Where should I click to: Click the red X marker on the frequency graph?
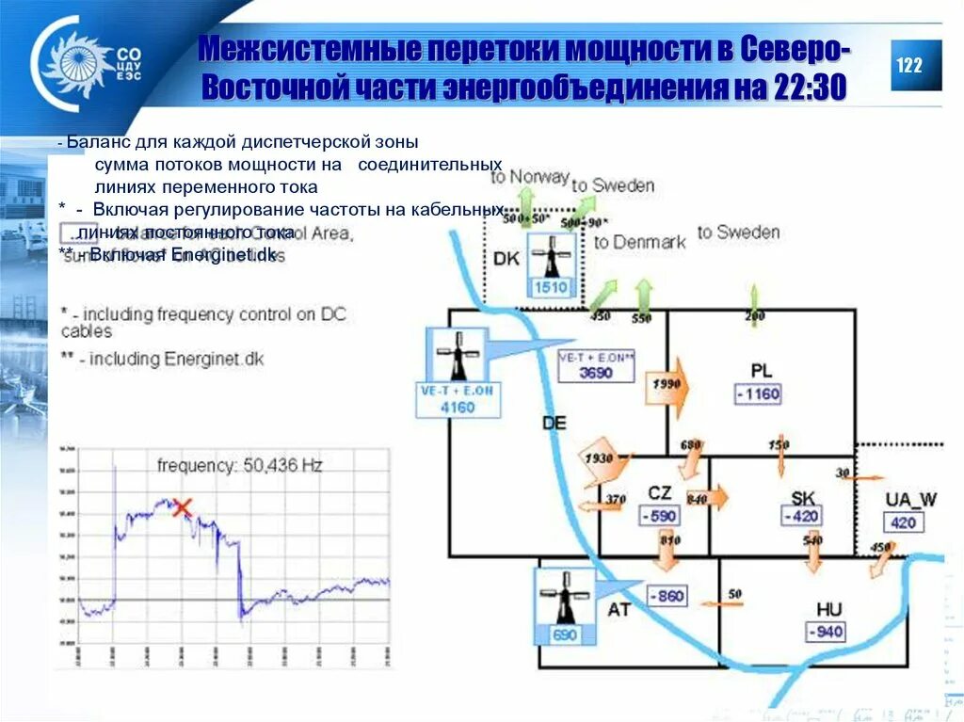pyautogui.click(x=182, y=508)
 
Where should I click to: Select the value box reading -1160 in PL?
pyautogui.click(x=757, y=393)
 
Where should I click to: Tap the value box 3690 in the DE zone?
pyautogui.click(x=595, y=372)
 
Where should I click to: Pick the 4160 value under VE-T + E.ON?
pyautogui.click(x=458, y=408)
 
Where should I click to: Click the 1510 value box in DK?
pyautogui.click(x=551, y=287)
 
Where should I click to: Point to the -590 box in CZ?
pyautogui.click(x=660, y=516)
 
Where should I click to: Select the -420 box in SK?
pyautogui.click(x=801, y=516)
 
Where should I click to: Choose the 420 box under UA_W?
pyautogui.click(x=903, y=522)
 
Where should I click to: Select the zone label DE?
pyautogui.click(x=554, y=423)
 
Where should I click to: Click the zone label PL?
pyautogui.click(x=761, y=370)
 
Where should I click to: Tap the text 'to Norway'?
pyautogui.click(x=530, y=176)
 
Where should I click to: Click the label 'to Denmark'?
pyautogui.click(x=640, y=242)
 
